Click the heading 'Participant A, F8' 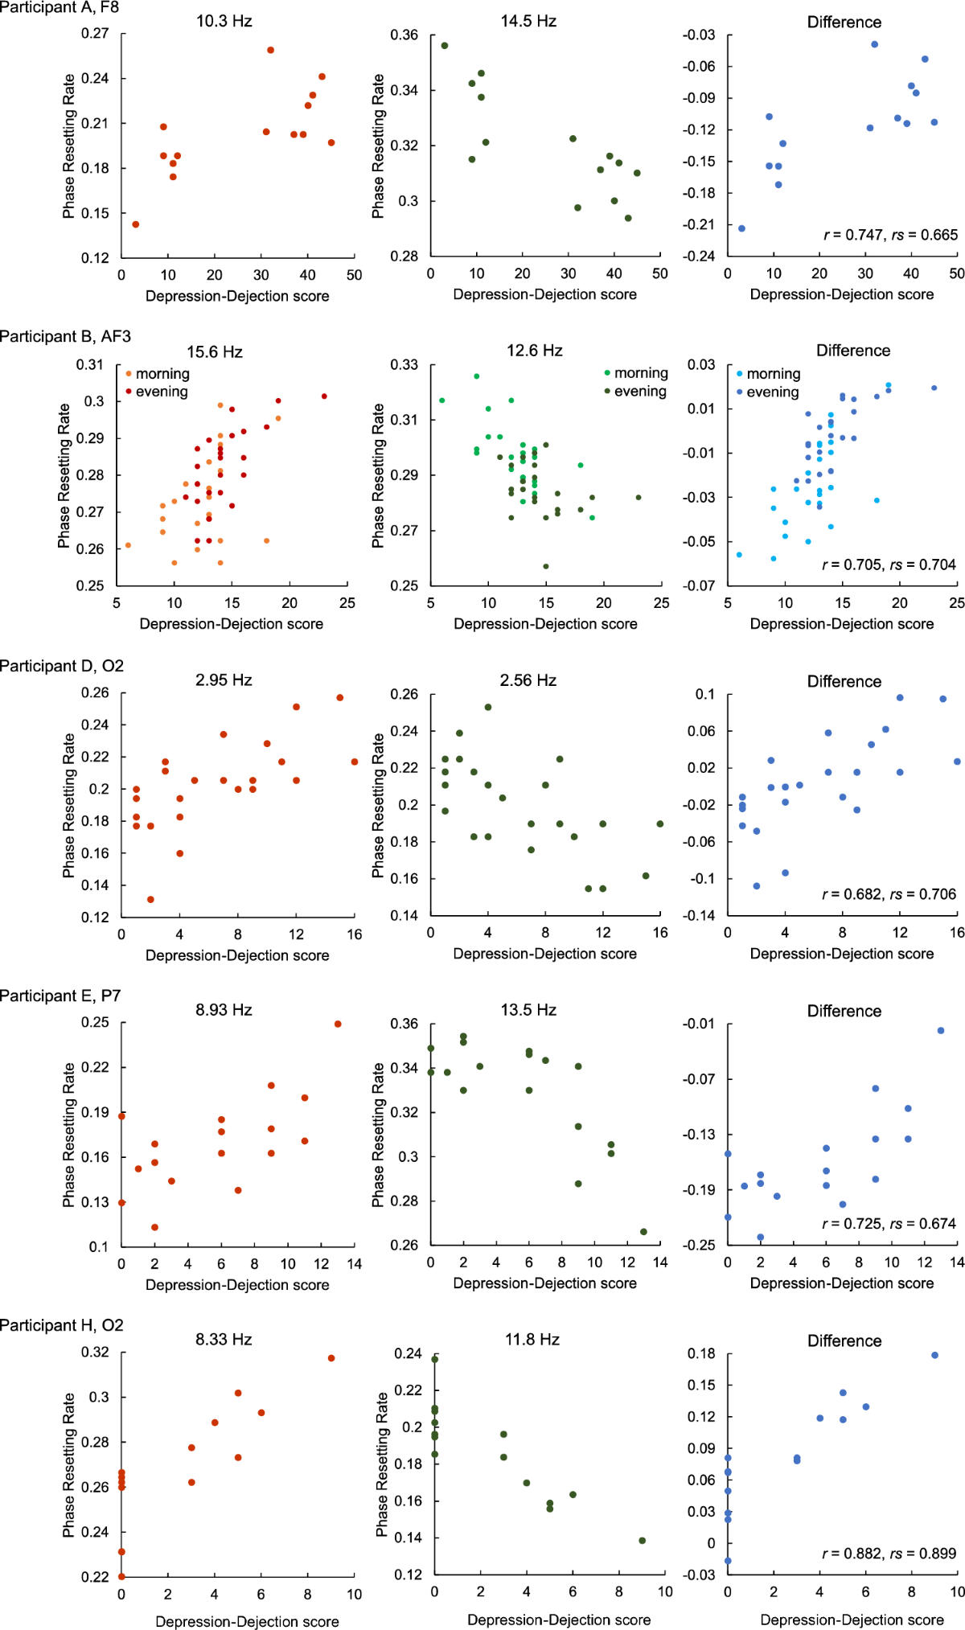pos(60,7)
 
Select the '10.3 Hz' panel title pos(224,22)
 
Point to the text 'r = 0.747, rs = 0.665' pos(890,236)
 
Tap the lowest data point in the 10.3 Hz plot pos(136,224)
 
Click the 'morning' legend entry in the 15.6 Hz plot pos(162,374)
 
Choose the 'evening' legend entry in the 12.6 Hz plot pos(639,392)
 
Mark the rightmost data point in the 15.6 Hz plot pos(324,396)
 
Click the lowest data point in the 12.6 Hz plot pos(546,566)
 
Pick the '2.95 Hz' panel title pos(224,680)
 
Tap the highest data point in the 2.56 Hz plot pos(488,708)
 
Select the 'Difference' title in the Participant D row pos(844,681)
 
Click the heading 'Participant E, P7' pos(60,996)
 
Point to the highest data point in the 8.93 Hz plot pos(338,1024)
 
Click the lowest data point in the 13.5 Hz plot pos(643,1232)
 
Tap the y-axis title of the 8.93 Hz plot pos(69,1135)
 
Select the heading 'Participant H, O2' pos(62,1325)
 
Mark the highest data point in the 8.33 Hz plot pos(331,1358)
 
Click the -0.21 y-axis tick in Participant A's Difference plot pos(699,224)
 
